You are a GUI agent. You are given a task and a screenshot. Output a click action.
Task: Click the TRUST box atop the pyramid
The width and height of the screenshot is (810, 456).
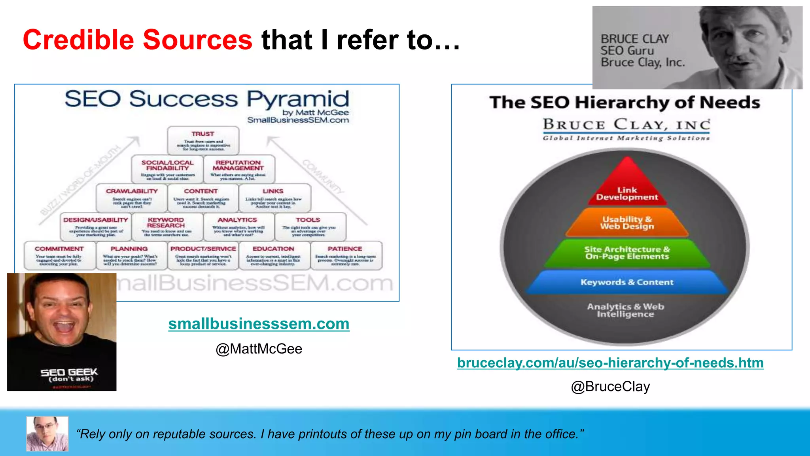[x=203, y=141]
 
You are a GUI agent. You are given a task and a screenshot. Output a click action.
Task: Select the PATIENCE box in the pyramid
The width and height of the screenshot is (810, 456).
[x=346, y=256]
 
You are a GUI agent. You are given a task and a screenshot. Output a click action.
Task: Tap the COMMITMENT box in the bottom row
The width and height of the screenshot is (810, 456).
[x=59, y=256]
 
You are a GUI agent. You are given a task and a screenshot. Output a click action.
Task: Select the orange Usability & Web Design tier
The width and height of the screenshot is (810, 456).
[x=627, y=223]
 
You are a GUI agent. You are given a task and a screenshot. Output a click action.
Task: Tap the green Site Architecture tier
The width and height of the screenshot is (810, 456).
[x=627, y=253]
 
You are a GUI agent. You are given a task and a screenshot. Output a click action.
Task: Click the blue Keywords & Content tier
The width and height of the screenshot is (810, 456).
[x=627, y=282]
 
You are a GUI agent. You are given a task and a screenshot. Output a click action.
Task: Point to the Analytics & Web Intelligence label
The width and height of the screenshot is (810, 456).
[x=625, y=310]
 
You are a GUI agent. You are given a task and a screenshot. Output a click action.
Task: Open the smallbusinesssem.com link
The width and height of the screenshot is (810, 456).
[x=259, y=324]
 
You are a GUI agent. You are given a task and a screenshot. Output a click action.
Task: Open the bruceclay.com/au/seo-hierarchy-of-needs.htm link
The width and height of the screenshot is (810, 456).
[x=610, y=363]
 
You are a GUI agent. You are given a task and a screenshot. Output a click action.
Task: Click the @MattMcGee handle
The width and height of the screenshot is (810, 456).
[x=259, y=349]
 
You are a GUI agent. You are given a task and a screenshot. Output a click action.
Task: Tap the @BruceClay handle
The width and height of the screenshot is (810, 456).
[x=610, y=386]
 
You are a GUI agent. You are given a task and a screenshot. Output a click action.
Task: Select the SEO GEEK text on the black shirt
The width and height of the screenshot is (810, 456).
[x=69, y=372]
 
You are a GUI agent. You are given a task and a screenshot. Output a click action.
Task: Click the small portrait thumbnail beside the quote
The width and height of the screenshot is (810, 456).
[x=47, y=433]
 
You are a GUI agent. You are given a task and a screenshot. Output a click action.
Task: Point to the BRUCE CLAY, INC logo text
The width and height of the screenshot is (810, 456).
[x=626, y=125]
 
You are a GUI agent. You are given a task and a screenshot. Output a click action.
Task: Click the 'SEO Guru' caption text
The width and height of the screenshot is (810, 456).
[x=627, y=51]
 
